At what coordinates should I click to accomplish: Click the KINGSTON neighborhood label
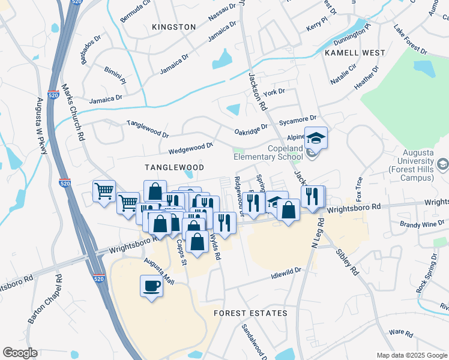[x=174, y=27]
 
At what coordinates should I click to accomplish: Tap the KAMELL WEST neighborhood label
[x=354, y=53]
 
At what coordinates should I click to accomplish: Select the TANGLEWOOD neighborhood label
[x=174, y=167]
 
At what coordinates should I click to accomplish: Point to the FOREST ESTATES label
[x=251, y=313]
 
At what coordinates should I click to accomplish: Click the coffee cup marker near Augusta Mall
[x=151, y=285]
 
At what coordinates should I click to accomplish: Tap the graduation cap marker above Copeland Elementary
[x=316, y=139]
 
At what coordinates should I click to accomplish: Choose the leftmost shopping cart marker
[x=104, y=191]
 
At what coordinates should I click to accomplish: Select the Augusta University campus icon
[x=442, y=164]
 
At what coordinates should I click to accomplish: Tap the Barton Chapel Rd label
[x=44, y=300]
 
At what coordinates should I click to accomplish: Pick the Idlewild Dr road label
[x=285, y=273]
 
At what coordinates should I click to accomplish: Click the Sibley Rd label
[x=347, y=262]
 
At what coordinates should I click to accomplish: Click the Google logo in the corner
[x=20, y=353]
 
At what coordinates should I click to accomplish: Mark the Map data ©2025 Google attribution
[x=412, y=355]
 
